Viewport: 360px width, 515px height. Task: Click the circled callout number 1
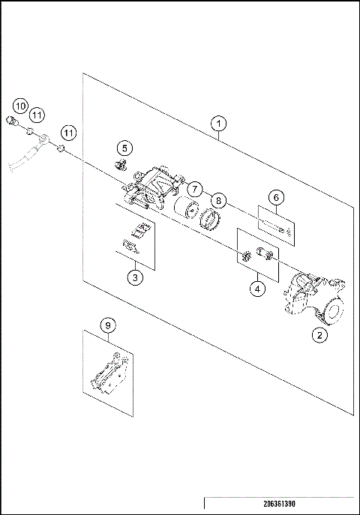point(218,122)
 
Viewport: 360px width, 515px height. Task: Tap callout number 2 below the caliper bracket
point(320,336)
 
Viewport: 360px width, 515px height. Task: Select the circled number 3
point(134,278)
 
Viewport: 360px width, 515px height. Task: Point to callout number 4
point(256,287)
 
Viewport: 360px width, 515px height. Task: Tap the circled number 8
point(217,200)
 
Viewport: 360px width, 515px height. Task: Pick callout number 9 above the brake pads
point(109,325)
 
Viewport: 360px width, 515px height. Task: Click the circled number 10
point(20,105)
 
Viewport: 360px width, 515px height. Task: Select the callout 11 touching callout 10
point(36,114)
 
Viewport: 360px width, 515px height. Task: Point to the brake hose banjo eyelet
point(45,138)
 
